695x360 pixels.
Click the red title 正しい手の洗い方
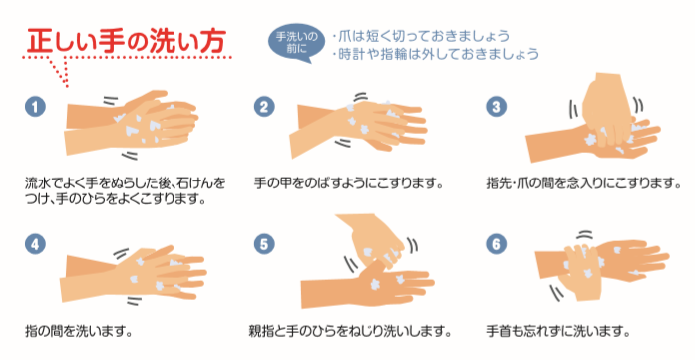coord(127,41)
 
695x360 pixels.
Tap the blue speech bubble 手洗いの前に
coord(296,43)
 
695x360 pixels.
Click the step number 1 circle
coord(36,107)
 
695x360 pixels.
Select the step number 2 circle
coord(264,107)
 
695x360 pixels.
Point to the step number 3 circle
coord(496,107)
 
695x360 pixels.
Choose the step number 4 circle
coord(36,244)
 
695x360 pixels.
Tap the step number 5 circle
coord(264,244)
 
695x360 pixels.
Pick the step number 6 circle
coord(496,244)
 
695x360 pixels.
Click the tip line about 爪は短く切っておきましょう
coord(421,36)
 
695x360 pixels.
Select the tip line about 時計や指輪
coord(436,54)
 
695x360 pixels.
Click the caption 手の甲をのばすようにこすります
coord(349,182)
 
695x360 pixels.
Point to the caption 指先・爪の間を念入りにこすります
coord(583,182)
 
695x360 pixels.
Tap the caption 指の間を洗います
coord(79,331)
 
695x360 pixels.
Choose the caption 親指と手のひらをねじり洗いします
coord(350,331)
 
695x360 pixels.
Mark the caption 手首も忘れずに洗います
coord(557,331)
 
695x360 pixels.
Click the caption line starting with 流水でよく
coord(126,182)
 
